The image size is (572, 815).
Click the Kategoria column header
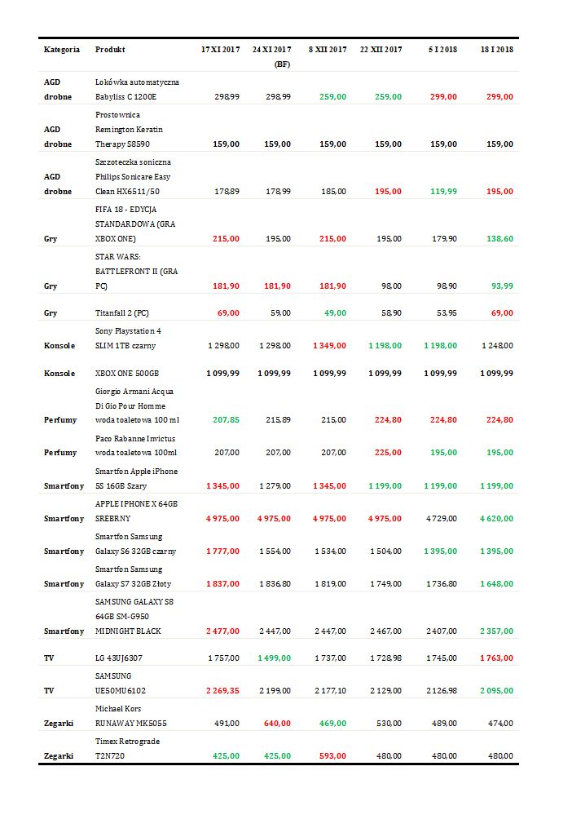click(x=62, y=50)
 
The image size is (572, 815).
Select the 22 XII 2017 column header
click(x=381, y=50)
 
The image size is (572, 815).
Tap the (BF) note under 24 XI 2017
click(x=282, y=64)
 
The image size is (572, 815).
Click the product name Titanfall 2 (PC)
click(x=122, y=313)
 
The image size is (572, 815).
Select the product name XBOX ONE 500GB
click(x=127, y=373)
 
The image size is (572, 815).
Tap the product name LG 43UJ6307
click(x=119, y=657)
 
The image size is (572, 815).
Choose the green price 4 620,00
click(x=495, y=519)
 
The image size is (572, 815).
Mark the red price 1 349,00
click(x=329, y=346)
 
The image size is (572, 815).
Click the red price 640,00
click(x=277, y=723)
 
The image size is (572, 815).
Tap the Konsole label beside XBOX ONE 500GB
click(x=60, y=373)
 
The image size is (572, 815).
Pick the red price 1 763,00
click(x=495, y=657)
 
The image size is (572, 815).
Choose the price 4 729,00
click(x=439, y=519)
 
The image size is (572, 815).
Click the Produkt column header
click(x=110, y=50)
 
